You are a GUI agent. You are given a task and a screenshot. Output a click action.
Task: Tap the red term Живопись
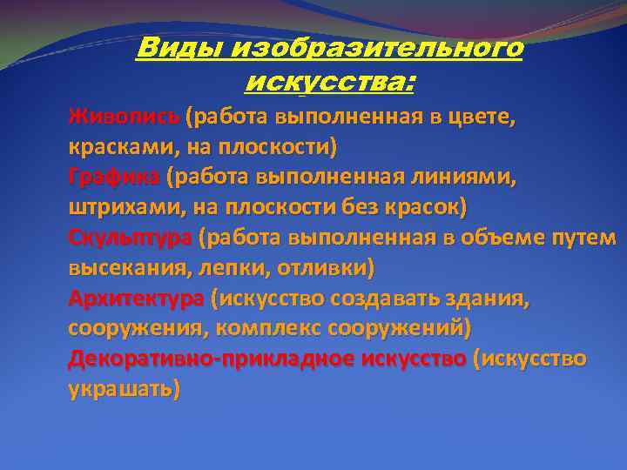tap(125, 117)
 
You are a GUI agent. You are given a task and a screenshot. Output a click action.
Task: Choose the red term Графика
tap(114, 178)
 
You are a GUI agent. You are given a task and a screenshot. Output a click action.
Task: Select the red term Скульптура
tap(130, 238)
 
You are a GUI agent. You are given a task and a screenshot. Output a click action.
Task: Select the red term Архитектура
tap(136, 299)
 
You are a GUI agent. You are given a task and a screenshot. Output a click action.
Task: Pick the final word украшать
tap(124, 389)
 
